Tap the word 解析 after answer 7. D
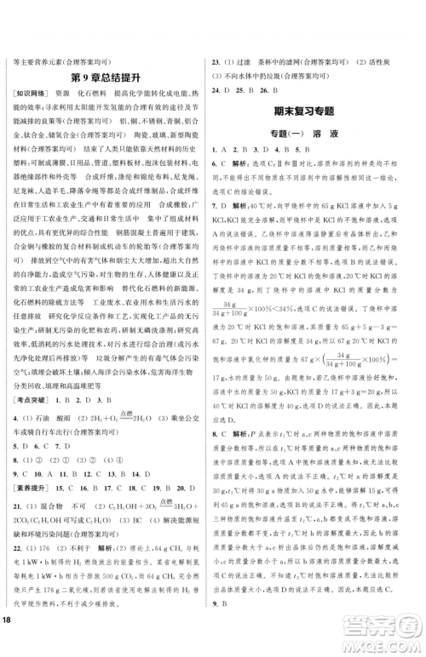[x=253, y=209]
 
